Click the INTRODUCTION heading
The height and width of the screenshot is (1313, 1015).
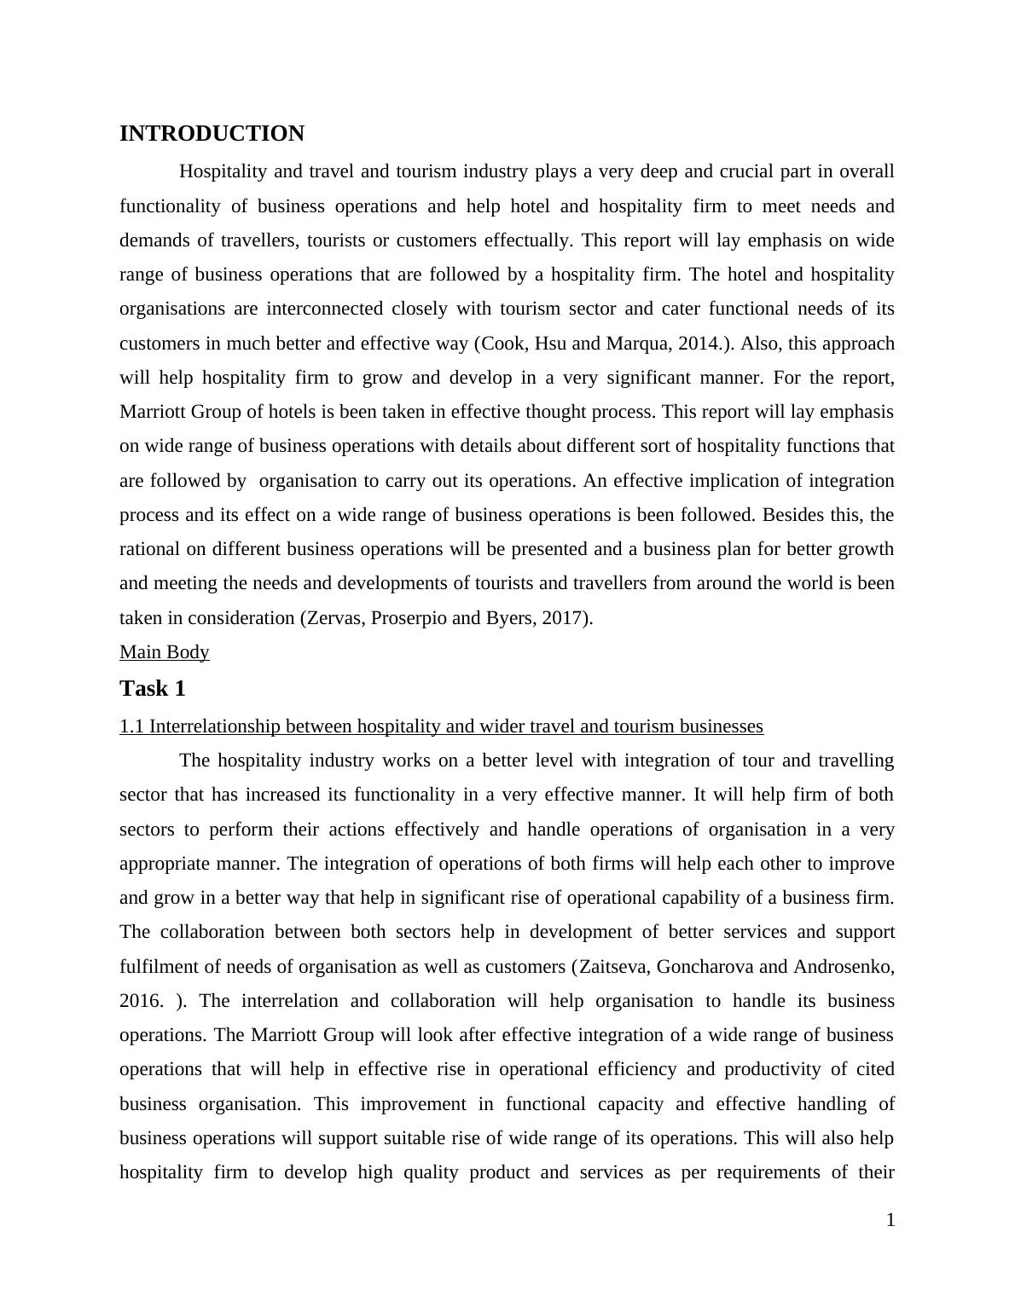pos(212,134)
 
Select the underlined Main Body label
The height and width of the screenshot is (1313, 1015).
pos(164,652)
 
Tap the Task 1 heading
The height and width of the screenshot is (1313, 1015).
pos(152,688)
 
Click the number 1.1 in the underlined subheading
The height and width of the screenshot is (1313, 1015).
pos(131,726)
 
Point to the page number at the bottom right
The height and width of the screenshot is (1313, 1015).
pos(890,1220)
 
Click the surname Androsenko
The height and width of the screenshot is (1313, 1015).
pos(843,967)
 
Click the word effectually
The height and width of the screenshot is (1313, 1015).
pos(528,240)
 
